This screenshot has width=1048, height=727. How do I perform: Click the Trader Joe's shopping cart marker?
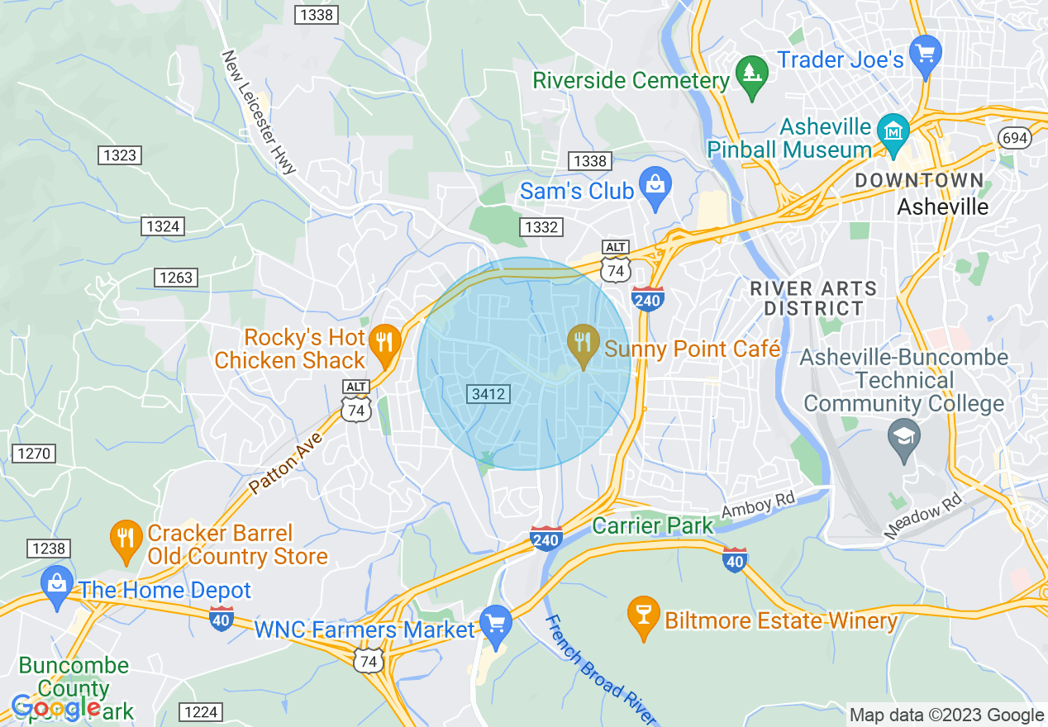(x=925, y=55)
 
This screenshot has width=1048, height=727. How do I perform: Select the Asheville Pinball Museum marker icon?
(x=893, y=132)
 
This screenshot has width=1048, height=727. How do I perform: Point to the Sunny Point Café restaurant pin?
(x=584, y=344)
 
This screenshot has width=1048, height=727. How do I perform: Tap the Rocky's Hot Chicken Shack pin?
(x=383, y=344)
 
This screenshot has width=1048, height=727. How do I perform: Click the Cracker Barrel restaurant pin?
(x=126, y=539)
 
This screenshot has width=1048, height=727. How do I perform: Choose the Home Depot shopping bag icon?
(x=56, y=586)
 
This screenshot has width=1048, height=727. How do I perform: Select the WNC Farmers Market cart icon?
(x=495, y=625)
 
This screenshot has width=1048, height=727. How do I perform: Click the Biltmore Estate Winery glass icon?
(x=642, y=615)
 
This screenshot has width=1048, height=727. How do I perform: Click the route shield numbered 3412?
(x=488, y=394)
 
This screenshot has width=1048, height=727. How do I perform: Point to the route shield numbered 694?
(x=1013, y=137)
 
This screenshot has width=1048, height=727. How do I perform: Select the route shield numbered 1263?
(x=176, y=278)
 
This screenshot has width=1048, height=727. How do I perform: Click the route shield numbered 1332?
(x=542, y=227)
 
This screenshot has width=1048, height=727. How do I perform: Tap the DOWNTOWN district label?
(x=919, y=181)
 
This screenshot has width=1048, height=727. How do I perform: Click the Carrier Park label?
(x=653, y=525)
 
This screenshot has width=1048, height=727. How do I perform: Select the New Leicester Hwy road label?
(x=259, y=112)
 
